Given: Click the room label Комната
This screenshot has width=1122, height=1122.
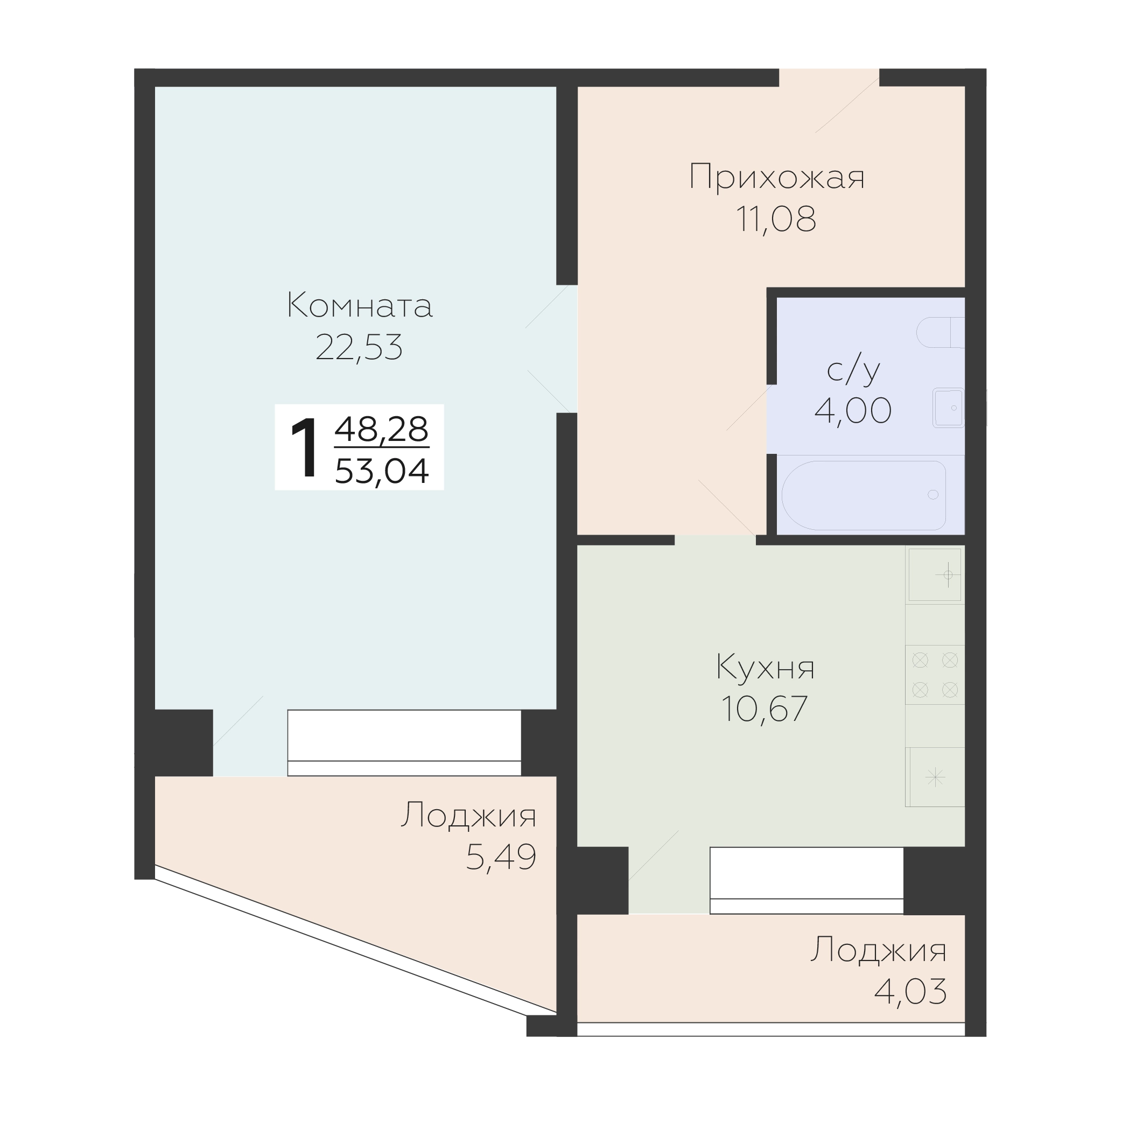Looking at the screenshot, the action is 360,305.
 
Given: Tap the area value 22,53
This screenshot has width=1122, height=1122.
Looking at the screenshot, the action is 359,347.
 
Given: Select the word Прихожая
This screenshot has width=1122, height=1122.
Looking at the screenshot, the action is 777,177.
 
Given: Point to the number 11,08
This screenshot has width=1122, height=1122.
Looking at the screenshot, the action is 776,219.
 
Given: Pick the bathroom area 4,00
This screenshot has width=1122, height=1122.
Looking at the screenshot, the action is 852,411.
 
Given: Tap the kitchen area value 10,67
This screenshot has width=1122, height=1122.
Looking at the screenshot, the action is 765,709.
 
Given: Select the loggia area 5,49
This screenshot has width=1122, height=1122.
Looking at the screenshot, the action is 501,857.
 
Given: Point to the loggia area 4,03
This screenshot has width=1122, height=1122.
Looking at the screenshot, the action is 910,991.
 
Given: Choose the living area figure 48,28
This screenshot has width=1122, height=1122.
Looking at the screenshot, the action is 382,429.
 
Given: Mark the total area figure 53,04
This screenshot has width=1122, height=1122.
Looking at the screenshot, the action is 382,471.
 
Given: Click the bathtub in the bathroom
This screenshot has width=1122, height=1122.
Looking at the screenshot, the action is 864,495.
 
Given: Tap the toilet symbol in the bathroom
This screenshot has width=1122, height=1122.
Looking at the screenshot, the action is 940,332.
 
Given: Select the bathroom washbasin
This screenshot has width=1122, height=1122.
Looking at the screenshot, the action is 948,408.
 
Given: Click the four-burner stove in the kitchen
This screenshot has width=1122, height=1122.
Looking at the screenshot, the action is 935,675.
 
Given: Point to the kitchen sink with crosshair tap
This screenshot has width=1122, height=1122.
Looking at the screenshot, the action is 935,575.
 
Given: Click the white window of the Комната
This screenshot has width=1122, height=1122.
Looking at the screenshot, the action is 404,743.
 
